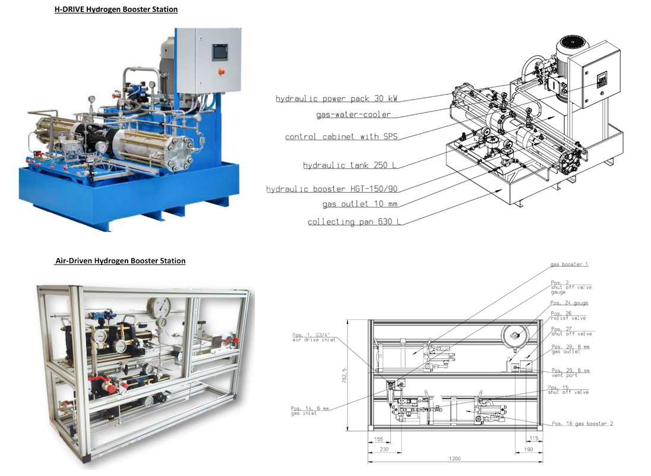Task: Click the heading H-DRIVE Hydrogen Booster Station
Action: coord(116,9)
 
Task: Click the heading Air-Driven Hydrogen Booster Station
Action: coord(121,261)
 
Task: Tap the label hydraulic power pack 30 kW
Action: coord(336,99)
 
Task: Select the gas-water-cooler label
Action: coord(353,114)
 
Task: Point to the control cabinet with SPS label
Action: coord(342,137)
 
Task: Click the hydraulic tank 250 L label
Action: coord(350,165)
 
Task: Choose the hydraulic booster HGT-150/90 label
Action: coord(331,189)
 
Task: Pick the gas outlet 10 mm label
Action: coord(360,204)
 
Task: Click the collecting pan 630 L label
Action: coord(354,222)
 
